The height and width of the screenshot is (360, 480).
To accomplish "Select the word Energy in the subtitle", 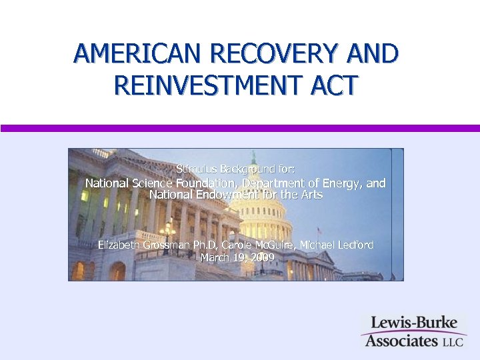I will click(x=339, y=183).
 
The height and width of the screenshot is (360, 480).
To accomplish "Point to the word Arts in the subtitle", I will click(x=311, y=195).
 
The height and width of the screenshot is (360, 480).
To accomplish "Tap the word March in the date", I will click(x=215, y=257).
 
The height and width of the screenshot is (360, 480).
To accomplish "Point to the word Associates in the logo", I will click(x=398, y=341).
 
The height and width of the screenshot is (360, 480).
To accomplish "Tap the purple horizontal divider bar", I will click(x=240, y=128).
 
